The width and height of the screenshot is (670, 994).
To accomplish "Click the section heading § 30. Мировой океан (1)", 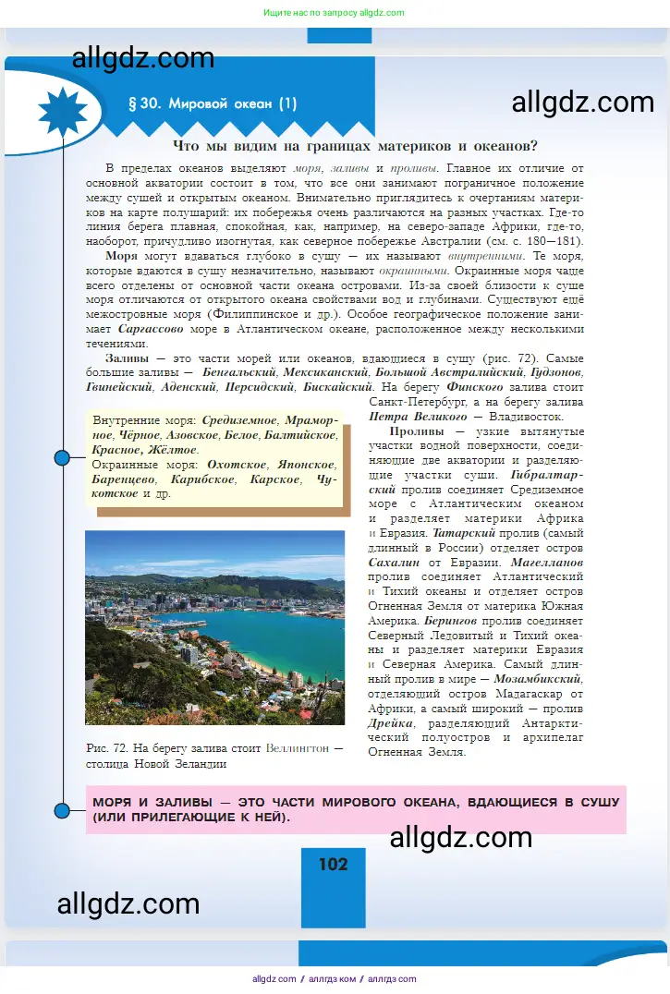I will [213, 104].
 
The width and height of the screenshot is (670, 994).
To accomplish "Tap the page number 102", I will [334, 864].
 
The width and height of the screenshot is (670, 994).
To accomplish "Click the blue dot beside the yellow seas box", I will [63, 457].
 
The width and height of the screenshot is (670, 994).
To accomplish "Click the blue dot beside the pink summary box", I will [63, 810].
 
